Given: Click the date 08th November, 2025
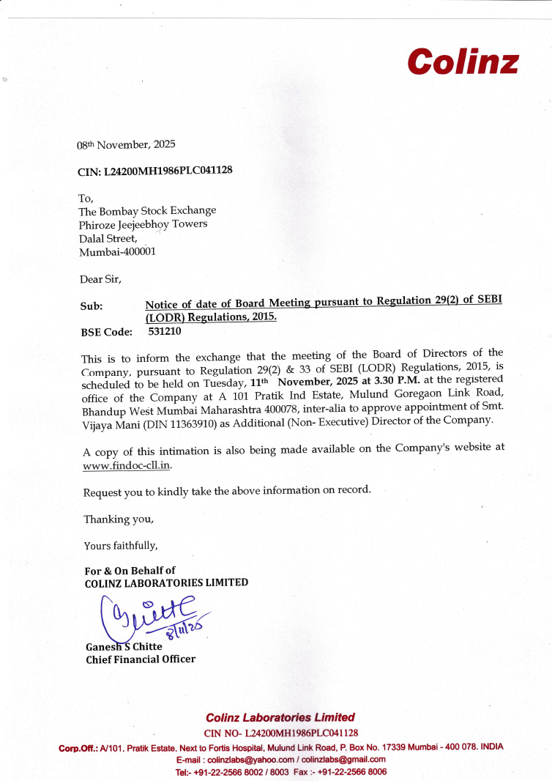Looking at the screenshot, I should pyautogui.click(x=126, y=144).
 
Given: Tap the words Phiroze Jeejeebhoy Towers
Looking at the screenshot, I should pyautogui.click(x=143, y=224).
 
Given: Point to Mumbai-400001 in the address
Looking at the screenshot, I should pyautogui.click(x=116, y=251).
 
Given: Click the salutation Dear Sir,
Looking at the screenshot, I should pyautogui.click(x=100, y=278).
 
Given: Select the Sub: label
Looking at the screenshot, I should pyautogui.click(x=92, y=306).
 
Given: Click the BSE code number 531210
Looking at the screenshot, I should pyautogui.click(x=165, y=331).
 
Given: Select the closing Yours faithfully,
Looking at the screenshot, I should pyautogui.click(x=121, y=545).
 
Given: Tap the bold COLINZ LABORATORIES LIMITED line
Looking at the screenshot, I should pyautogui.click(x=166, y=583).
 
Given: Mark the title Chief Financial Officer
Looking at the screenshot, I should pyautogui.click(x=141, y=659).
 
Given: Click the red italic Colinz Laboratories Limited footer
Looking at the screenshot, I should pyautogui.click(x=280, y=717).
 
